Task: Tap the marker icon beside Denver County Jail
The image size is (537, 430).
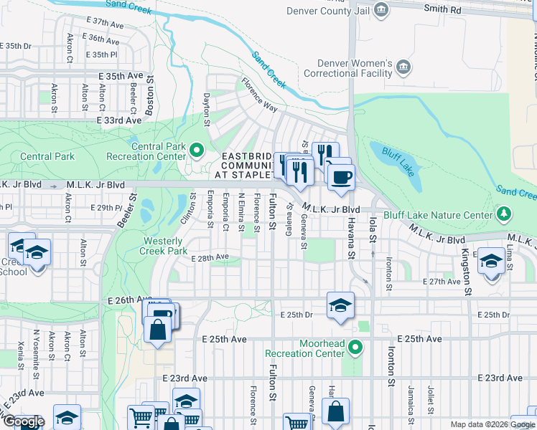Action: pyautogui.click(x=382, y=9)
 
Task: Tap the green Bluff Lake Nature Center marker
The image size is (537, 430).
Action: pyautogui.click(x=505, y=214)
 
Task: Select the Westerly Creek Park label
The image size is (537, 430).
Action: pyautogui.click(x=165, y=246)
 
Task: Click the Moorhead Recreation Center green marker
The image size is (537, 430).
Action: pyautogui.click(x=354, y=348)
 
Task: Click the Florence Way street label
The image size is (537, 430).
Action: pyautogui.click(x=259, y=95)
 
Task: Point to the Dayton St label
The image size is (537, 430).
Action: pyautogui.click(x=207, y=110)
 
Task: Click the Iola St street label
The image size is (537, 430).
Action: pyautogui.click(x=373, y=236)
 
